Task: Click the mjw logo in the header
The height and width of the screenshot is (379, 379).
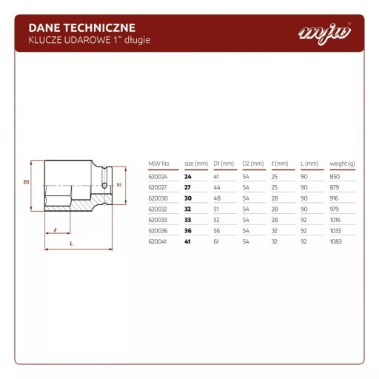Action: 325,33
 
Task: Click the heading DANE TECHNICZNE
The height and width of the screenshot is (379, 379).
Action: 82,28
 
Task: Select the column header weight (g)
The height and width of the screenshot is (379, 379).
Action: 342,164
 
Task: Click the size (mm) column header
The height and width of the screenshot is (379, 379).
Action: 196,164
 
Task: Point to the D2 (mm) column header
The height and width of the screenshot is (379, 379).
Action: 253,164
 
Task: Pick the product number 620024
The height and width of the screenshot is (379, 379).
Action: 158,177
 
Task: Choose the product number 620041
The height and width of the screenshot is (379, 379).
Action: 158,241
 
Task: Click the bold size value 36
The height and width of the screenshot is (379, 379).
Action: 188,231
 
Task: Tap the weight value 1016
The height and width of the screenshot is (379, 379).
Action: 335,220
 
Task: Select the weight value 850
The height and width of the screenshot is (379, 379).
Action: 335,177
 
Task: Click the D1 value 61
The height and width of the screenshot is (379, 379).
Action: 216,241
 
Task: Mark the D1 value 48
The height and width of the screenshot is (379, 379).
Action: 217,198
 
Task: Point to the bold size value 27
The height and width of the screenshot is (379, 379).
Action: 187,187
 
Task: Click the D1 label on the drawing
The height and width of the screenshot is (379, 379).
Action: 26,182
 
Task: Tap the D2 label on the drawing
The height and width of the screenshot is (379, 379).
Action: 119,185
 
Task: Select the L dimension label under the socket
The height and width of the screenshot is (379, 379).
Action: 71,244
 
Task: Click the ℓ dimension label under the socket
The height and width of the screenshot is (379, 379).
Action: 56,230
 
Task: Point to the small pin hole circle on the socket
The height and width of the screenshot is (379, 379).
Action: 104,185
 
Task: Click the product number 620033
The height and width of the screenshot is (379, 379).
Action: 158,220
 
